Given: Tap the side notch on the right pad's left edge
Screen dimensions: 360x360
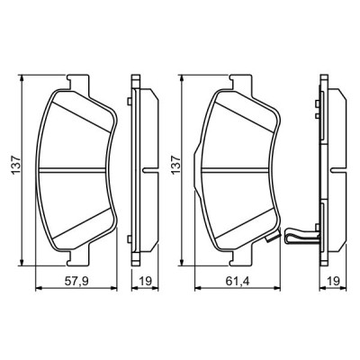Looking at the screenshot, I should [199, 145].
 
